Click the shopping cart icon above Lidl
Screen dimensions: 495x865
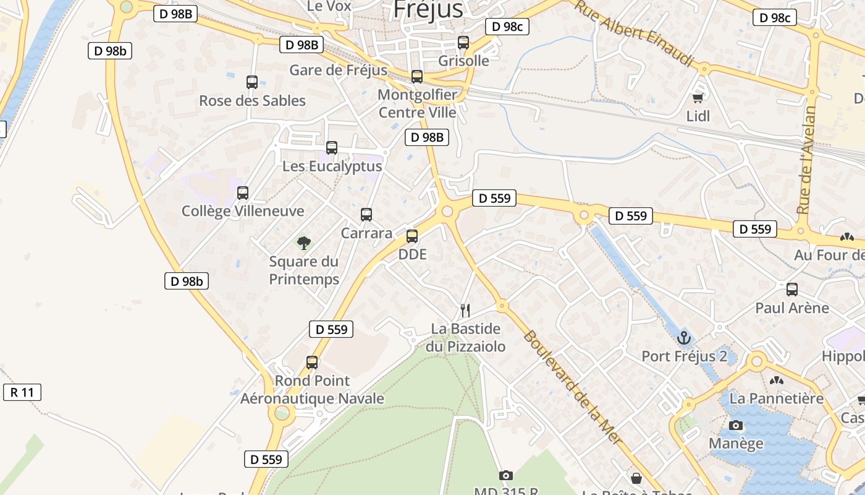[698, 97]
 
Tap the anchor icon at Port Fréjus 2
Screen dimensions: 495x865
[683, 338]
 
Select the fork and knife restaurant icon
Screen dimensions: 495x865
[465, 310]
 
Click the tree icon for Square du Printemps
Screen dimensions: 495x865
[304, 243]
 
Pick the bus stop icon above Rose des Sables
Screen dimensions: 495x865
[252, 82]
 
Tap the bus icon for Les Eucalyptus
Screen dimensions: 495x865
[332, 148]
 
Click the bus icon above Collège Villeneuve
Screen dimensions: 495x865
[243, 192]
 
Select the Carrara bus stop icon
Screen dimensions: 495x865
[366, 215]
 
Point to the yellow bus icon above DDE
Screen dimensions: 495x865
[412, 236]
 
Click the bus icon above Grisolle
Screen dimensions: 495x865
[463, 42]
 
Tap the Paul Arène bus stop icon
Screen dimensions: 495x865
[792, 289]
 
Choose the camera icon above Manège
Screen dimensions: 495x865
[736, 425]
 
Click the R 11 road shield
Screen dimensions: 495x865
[22, 392]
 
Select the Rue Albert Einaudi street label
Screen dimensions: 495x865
[635, 32]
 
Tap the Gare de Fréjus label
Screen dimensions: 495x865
[339, 70]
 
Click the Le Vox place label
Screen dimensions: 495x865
[329, 6]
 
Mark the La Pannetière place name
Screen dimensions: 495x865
[777, 398]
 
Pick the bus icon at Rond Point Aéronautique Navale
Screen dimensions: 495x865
[312, 362]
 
